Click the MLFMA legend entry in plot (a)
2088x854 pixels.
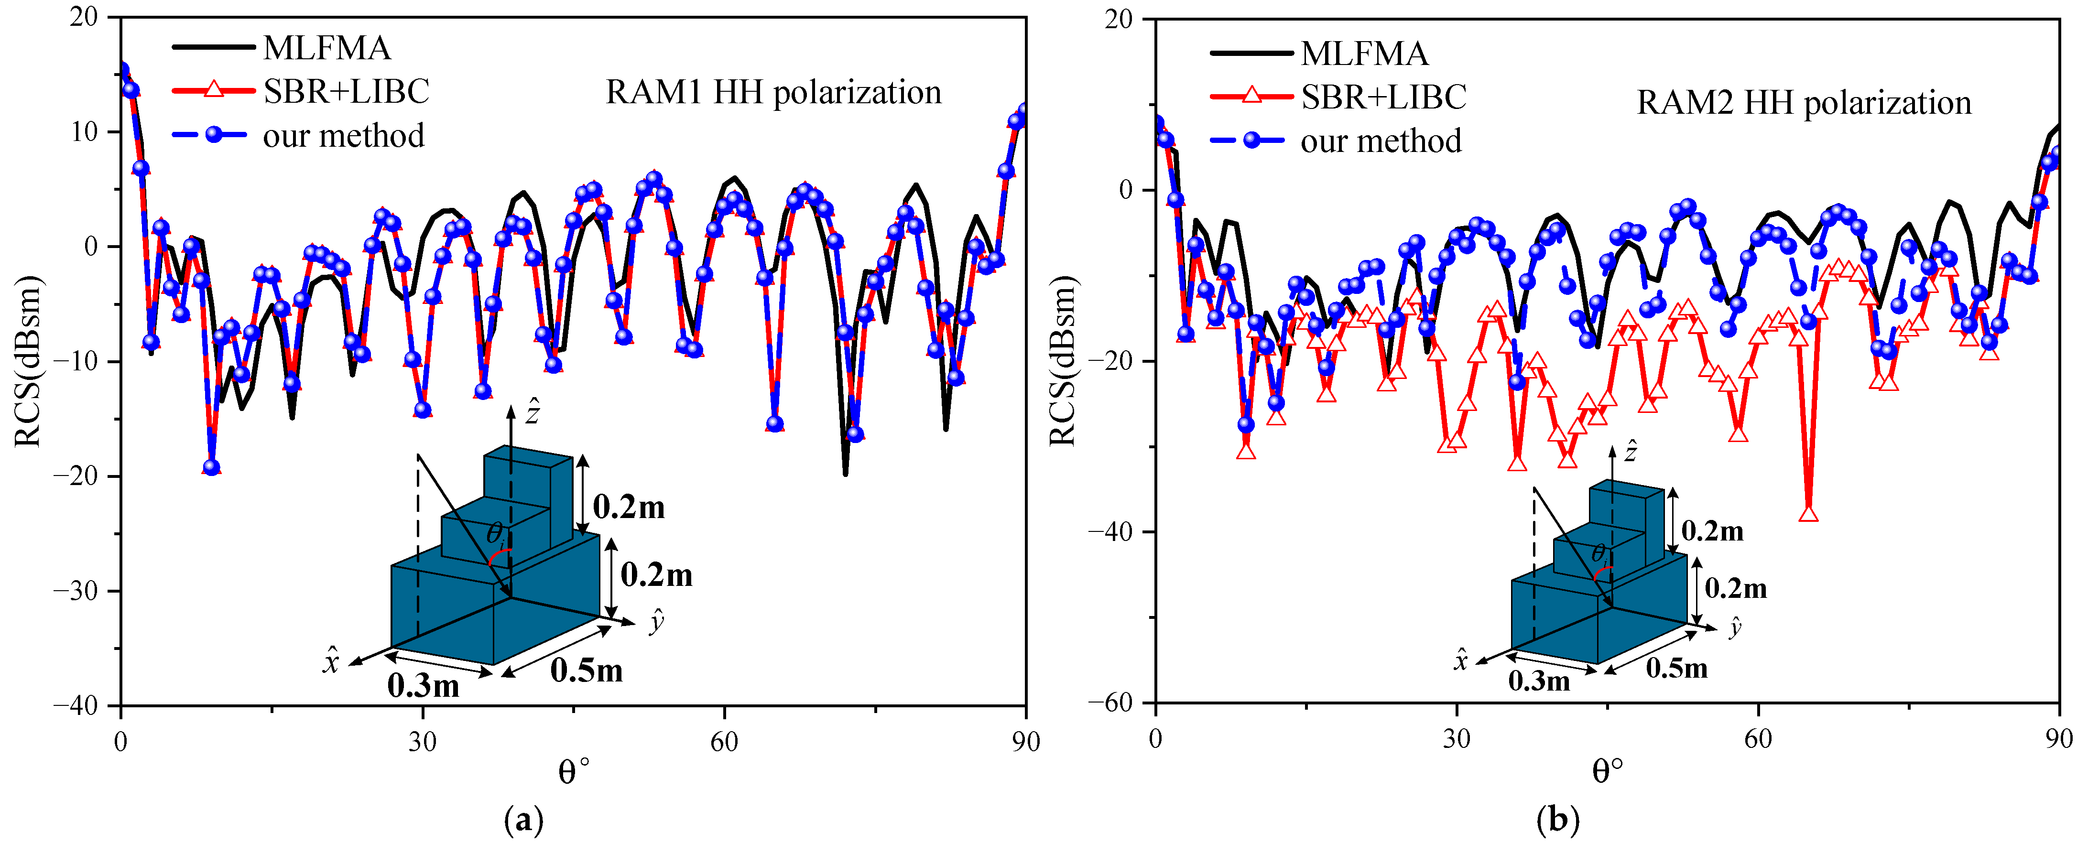(x=326, y=49)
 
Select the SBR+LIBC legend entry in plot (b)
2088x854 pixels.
(x=1383, y=97)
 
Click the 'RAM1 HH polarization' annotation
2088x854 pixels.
(x=773, y=92)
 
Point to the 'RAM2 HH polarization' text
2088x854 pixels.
(x=1804, y=103)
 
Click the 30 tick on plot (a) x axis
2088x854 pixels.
(x=422, y=741)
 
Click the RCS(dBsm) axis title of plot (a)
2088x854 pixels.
(x=28, y=361)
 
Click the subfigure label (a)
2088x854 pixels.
(x=523, y=821)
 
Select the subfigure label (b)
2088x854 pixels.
(x=1557, y=821)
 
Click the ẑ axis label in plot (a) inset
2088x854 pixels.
(x=533, y=411)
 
